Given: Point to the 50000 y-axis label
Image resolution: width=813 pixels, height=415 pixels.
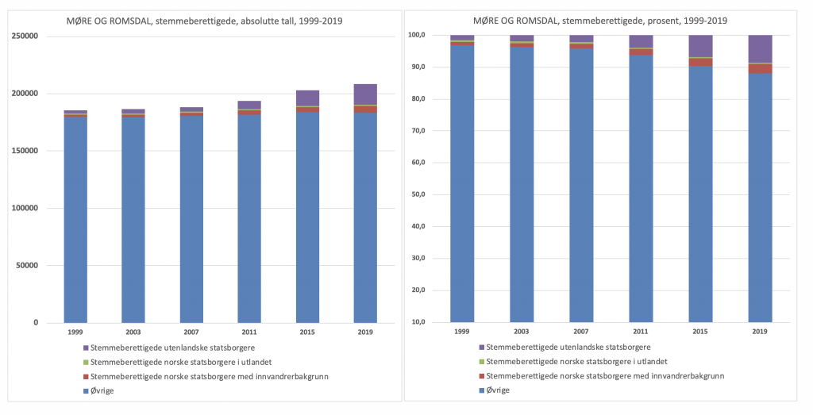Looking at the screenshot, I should click(x=26, y=266).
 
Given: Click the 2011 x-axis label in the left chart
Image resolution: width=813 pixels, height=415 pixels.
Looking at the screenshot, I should click(x=249, y=331).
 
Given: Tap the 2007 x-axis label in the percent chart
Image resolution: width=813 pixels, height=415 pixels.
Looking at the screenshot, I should click(x=581, y=331).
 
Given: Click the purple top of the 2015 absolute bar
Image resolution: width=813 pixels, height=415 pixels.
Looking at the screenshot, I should click(x=308, y=98).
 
